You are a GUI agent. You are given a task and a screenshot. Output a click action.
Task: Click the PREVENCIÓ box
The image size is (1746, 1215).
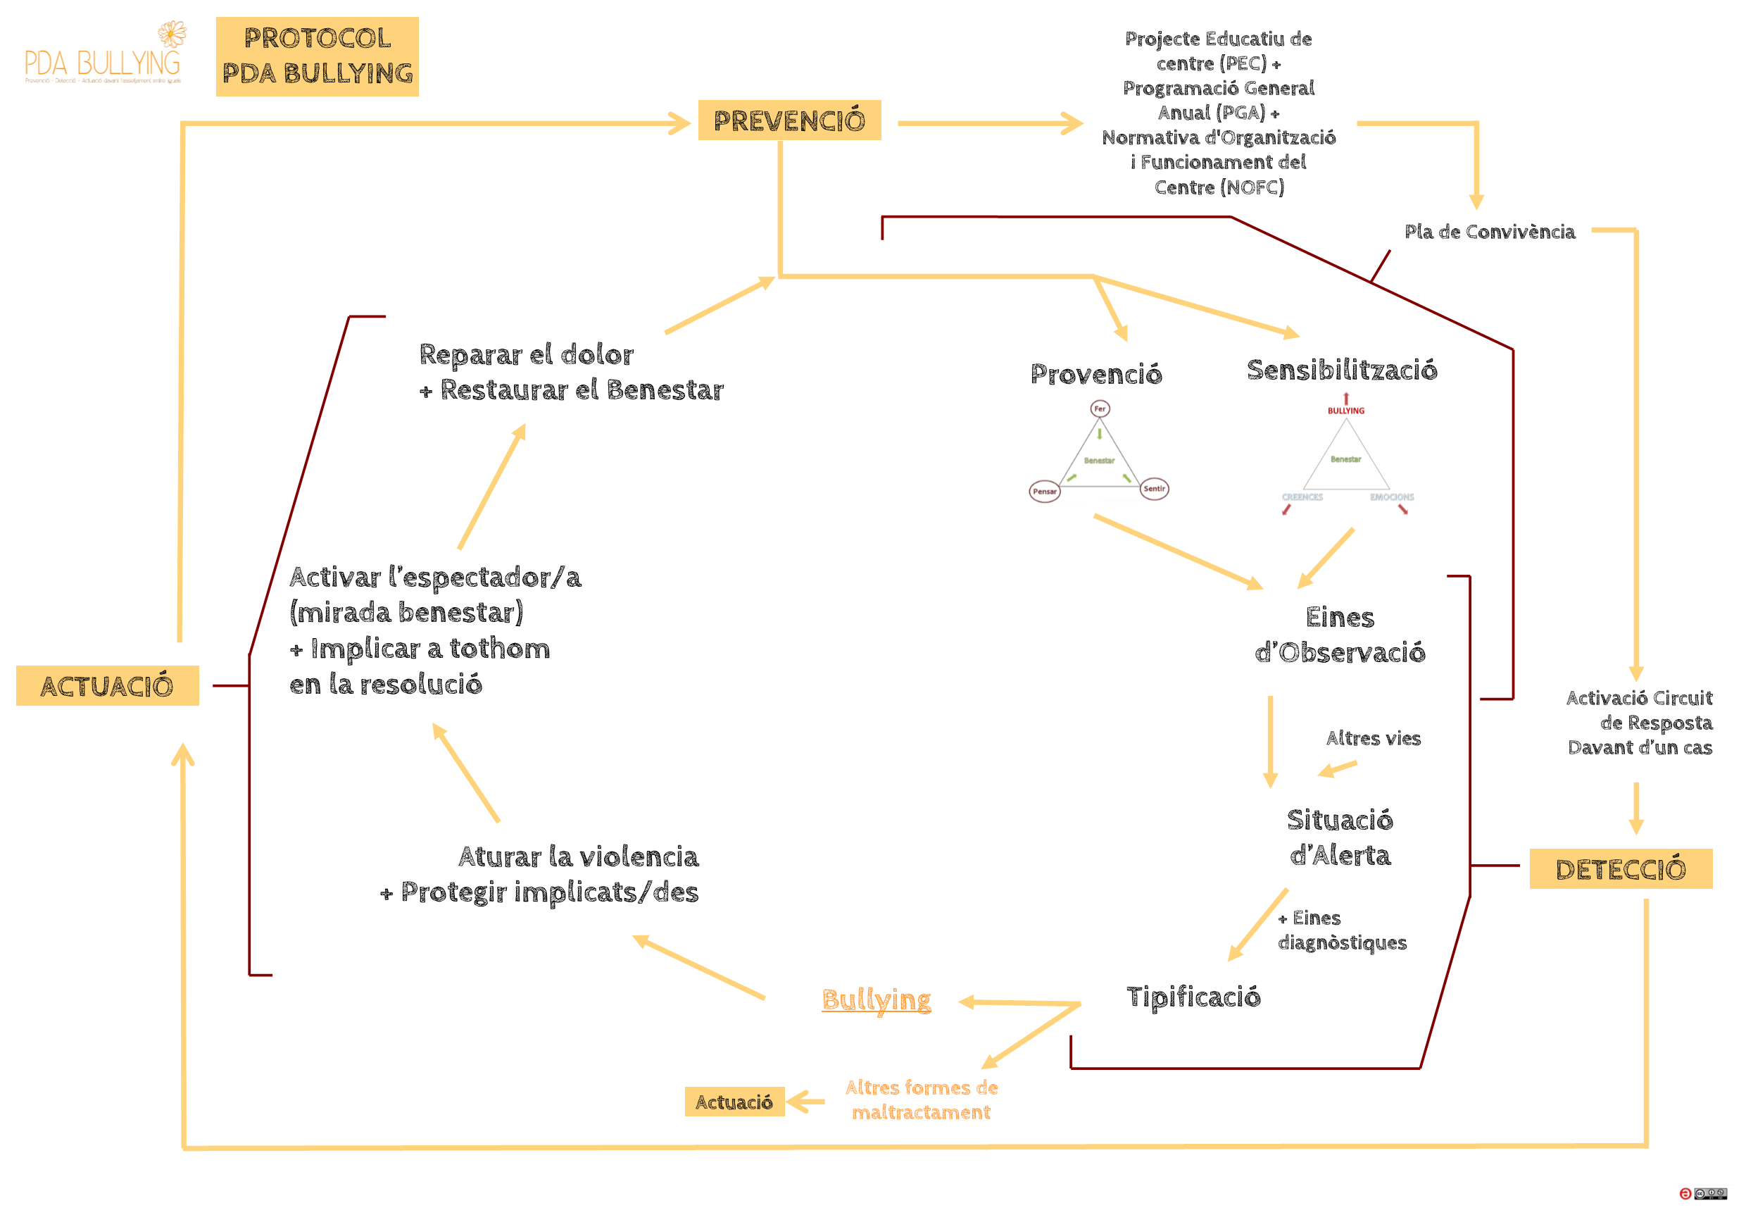coord(789,120)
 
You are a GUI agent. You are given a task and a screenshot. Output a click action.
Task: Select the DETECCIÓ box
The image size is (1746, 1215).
coord(1621,869)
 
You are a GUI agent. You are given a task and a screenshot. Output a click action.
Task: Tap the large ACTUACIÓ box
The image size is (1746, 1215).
coord(107,685)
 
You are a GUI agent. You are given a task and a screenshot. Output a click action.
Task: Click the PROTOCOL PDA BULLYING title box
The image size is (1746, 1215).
coord(317,56)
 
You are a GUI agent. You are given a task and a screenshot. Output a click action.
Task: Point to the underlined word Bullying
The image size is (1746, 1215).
coord(876,999)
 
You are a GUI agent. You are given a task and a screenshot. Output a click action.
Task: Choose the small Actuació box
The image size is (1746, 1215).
coord(734,1102)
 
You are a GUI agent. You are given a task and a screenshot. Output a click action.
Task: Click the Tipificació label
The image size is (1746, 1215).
coord(1193,997)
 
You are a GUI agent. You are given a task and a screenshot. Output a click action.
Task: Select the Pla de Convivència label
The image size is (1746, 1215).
coord(1490,231)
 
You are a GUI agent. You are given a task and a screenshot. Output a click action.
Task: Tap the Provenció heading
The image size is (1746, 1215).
coord(1095,373)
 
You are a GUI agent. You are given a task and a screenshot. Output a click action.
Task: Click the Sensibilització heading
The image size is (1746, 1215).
coord(1342,370)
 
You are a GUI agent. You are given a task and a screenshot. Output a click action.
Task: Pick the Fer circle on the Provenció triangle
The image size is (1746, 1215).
coord(1100,409)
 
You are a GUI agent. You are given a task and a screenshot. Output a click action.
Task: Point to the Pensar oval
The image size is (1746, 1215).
coord(1045,492)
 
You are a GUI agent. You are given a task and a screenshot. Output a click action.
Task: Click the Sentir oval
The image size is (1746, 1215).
coord(1155,488)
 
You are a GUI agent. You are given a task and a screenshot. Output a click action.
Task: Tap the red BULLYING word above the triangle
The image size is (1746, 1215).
coord(1346,411)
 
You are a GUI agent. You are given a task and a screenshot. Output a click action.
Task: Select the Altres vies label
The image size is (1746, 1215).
coord(1374,738)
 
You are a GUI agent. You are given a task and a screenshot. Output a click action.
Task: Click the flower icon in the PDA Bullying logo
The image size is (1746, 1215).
coord(172,35)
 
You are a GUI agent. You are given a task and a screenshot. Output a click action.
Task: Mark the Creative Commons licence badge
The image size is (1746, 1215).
coord(1710,1194)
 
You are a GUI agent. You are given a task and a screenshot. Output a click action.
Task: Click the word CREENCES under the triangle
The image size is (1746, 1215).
coord(1302,497)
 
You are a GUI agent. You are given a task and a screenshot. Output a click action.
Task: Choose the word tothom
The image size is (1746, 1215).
coord(500,648)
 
